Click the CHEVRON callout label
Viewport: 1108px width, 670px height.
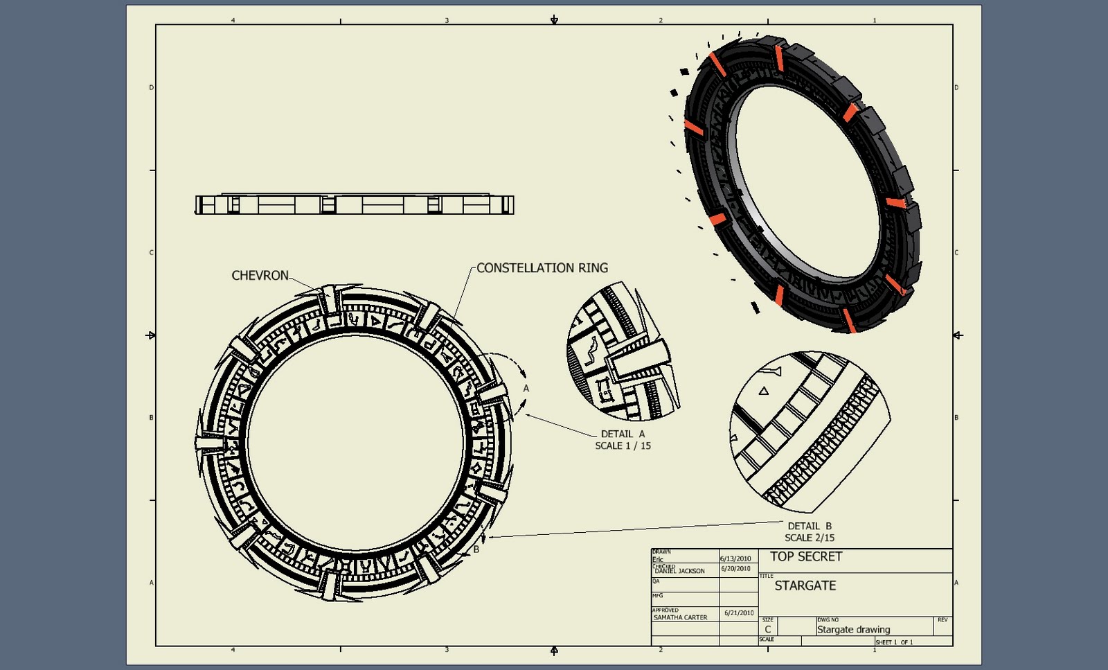(260, 276)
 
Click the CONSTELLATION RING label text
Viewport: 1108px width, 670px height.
(542, 268)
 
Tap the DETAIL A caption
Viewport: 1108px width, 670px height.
(622, 434)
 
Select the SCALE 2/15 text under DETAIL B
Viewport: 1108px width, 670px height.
(809, 538)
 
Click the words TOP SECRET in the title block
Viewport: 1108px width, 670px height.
(806, 556)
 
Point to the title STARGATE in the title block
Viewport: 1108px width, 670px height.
(805, 585)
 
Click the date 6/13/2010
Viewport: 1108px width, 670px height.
(735, 558)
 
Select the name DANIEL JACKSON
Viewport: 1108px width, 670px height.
(679, 571)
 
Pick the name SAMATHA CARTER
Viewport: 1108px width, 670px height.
(680, 617)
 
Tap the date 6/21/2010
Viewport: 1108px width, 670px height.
(739, 612)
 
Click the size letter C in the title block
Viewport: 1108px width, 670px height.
(767, 629)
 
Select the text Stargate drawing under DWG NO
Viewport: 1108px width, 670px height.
(853, 629)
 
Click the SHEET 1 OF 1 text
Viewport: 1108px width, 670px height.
(894, 642)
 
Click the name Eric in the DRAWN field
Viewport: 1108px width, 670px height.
(658, 559)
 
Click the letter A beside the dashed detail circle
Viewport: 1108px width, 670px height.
(526, 389)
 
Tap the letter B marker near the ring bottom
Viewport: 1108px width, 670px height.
(476, 549)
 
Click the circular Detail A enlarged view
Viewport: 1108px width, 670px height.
(621, 352)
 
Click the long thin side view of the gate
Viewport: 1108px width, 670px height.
(354, 204)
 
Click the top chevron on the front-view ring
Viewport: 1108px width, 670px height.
(329, 299)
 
